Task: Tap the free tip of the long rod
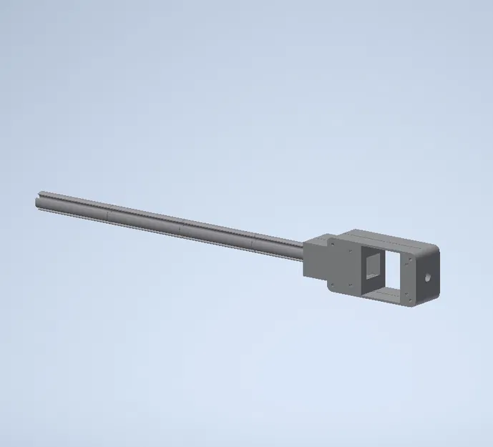tap(38, 201)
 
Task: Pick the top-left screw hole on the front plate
tap(334, 243)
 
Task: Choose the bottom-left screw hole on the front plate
tap(334, 284)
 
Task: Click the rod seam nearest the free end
tap(109, 214)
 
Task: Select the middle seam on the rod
tap(182, 227)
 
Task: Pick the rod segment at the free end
tap(72, 207)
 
